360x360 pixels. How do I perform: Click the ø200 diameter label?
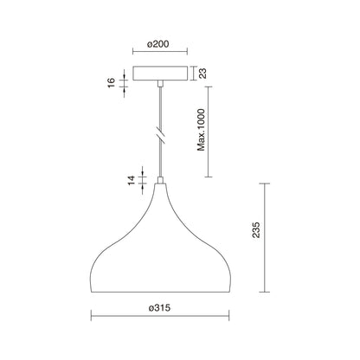(x=157, y=44)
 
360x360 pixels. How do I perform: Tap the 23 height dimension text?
(x=203, y=74)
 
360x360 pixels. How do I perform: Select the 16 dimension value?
(x=112, y=83)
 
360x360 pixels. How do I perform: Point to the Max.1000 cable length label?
(x=201, y=130)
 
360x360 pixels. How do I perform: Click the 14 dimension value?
(x=132, y=180)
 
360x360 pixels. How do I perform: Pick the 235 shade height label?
(x=256, y=230)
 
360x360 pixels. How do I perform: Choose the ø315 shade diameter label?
(x=159, y=308)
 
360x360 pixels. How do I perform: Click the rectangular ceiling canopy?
(x=160, y=74)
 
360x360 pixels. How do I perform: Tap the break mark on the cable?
(x=160, y=135)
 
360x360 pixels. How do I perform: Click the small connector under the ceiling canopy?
(x=160, y=83)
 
